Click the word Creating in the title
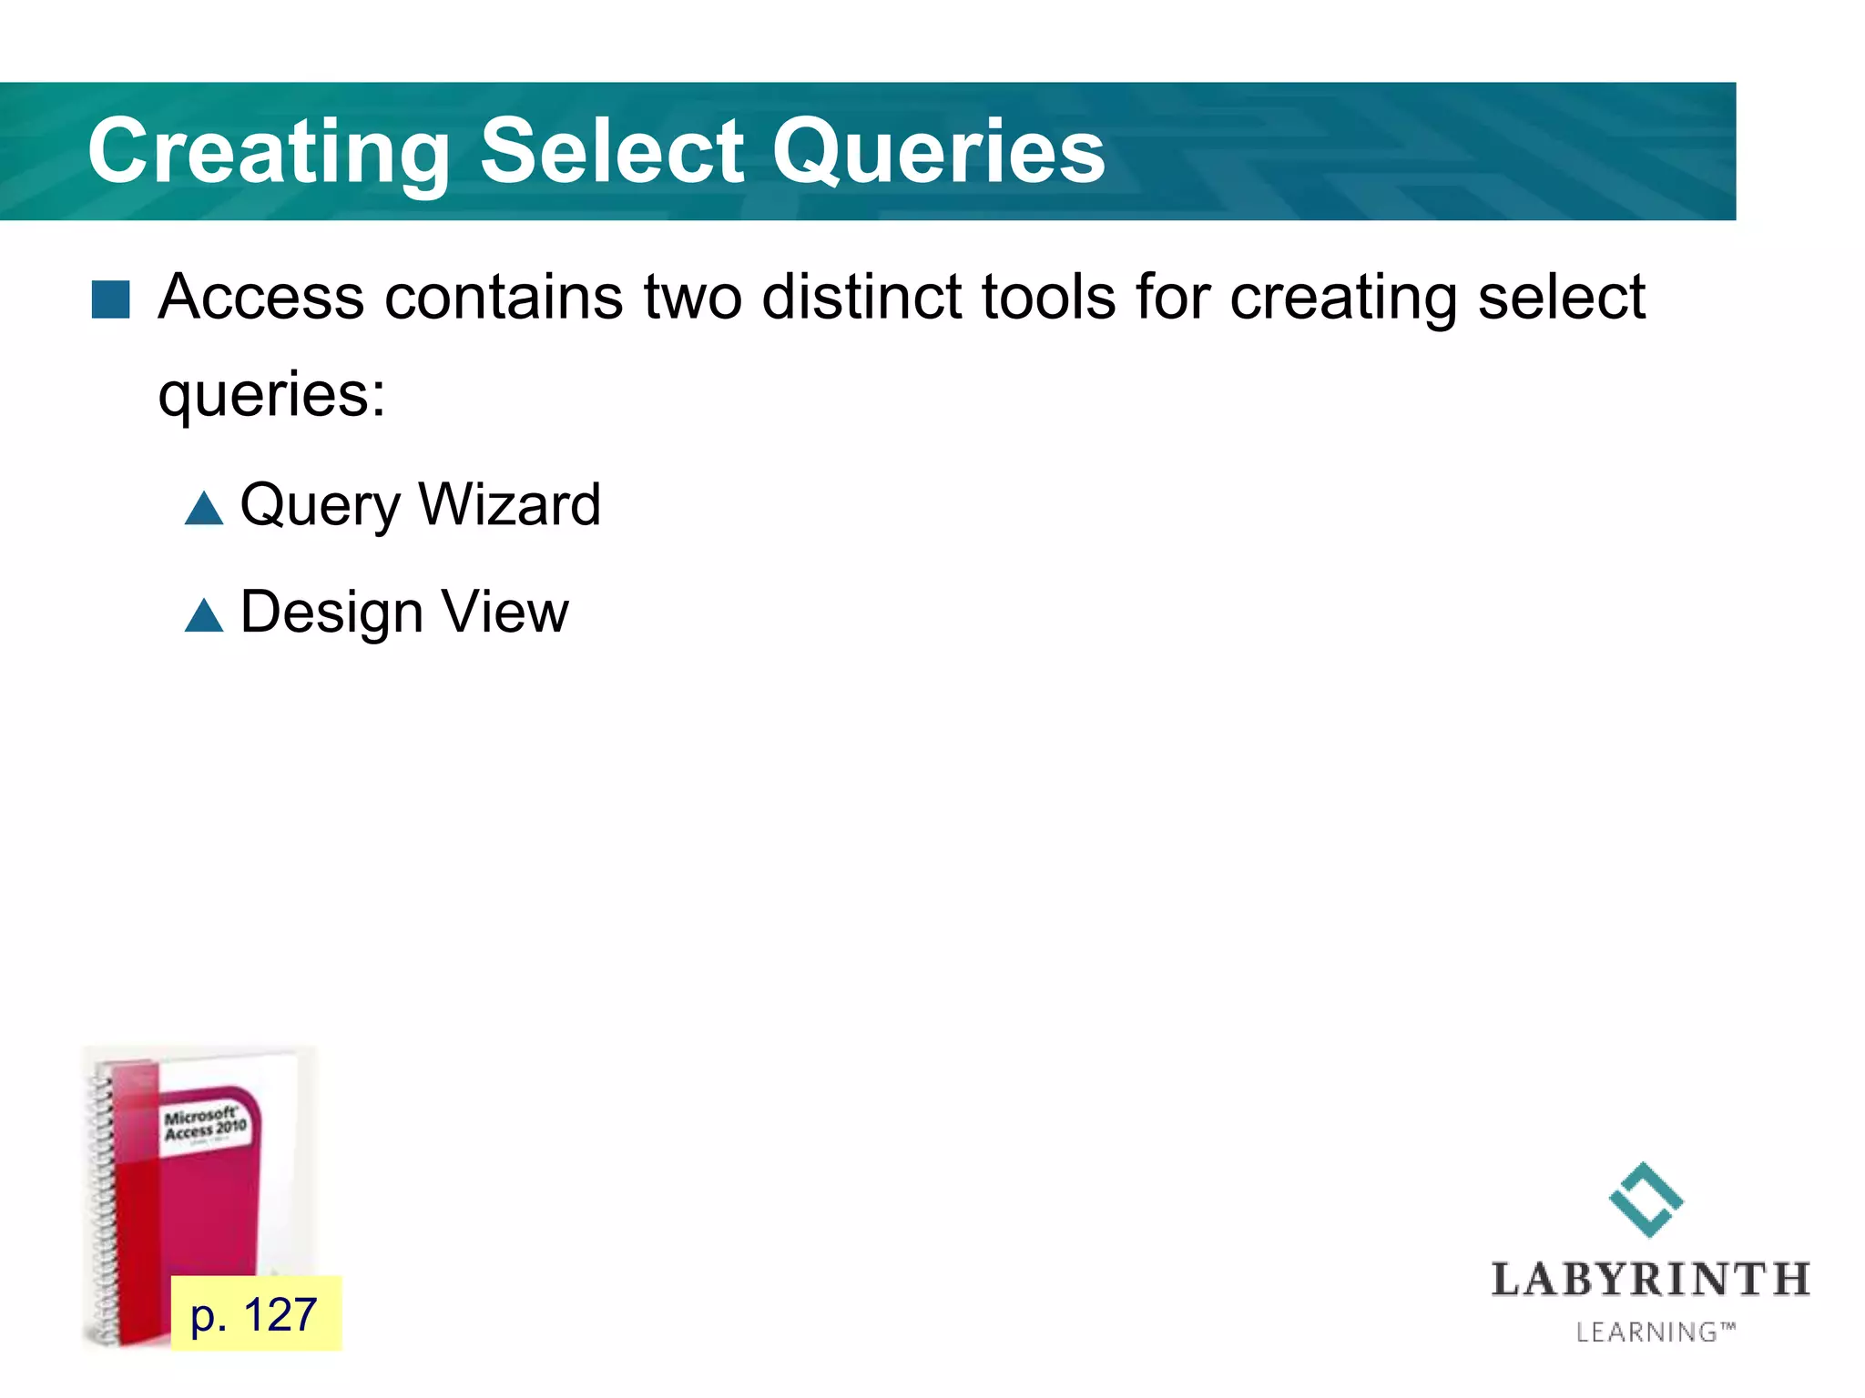point(269,152)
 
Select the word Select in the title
point(611,150)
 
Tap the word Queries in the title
point(939,152)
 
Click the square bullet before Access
point(111,299)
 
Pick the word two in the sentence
point(693,298)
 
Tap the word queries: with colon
point(271,396)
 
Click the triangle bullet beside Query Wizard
point(204,508)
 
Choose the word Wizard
point(509,504)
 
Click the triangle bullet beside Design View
point(204,615)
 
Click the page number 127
point(280,1315)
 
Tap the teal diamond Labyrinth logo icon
point(1646,1200)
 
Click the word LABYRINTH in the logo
point(1650,1280)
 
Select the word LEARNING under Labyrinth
point(1646,1332)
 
